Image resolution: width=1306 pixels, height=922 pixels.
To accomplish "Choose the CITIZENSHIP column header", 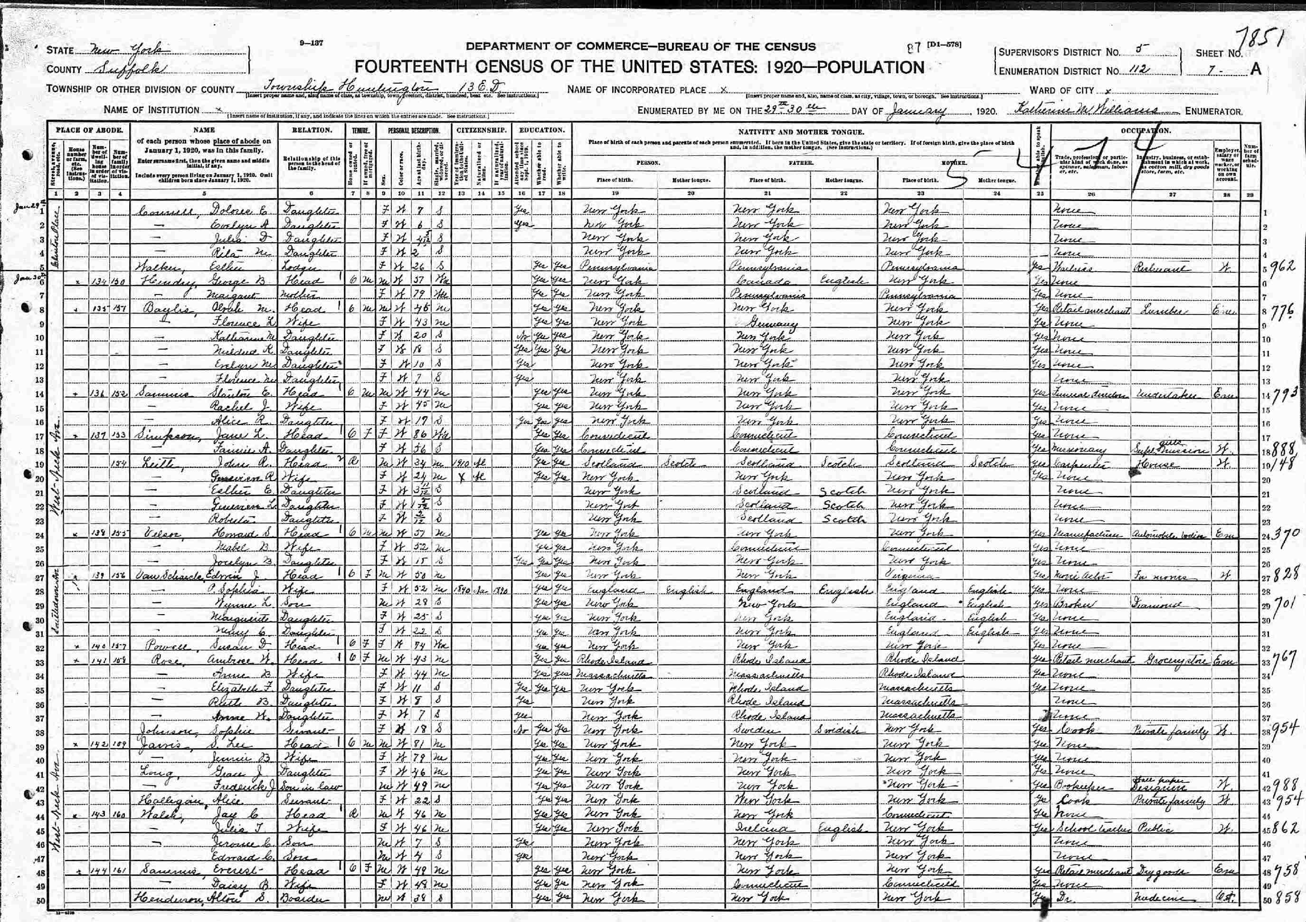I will click(x=482, y=130).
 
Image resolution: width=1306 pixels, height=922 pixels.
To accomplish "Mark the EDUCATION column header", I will click(x=541, y=130).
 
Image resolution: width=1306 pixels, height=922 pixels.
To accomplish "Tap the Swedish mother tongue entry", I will click(x=841, y=729).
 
